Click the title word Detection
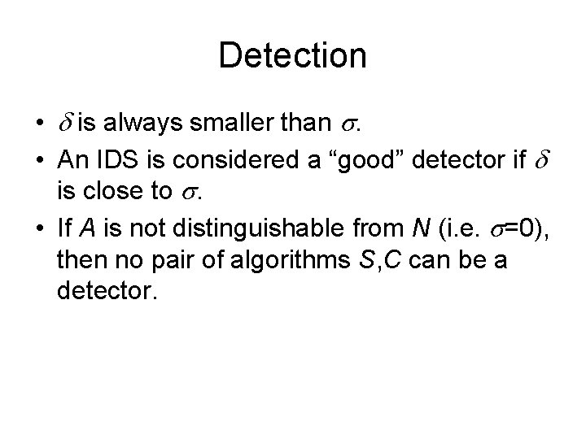click(293, 55)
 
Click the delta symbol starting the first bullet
click(66, 125)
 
